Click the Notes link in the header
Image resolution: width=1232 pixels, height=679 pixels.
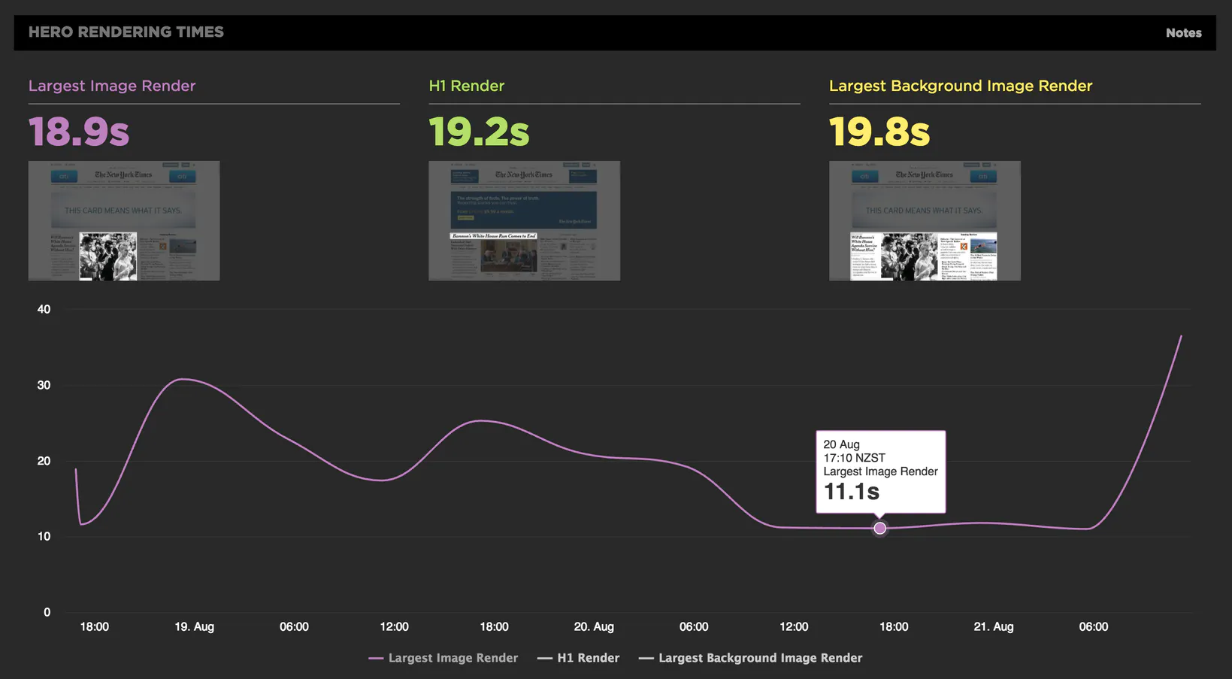pos(1183,33)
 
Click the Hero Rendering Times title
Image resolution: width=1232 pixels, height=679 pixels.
pos(126,32)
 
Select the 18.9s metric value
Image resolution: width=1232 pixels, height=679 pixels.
pos(79,132)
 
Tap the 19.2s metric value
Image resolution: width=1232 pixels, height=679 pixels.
pos(479,132)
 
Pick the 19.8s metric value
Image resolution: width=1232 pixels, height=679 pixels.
pos(879,132)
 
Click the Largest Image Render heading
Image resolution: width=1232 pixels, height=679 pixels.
pos(112,86)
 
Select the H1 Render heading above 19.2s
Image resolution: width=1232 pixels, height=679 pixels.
pos(466,86)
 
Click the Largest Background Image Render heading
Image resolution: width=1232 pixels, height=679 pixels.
pos(960,86)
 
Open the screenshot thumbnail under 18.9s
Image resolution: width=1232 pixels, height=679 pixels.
pos(124,220)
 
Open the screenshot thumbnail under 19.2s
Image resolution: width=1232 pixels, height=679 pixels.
pos(524,220)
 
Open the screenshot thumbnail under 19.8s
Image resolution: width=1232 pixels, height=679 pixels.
pos(925,220)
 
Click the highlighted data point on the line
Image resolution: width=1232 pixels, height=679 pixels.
pos(880,529)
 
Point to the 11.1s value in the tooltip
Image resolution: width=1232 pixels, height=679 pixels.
pos(851,492)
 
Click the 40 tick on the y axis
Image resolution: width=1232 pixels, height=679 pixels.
pos(44,309)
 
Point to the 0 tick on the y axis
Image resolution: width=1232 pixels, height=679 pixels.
pos(47,612)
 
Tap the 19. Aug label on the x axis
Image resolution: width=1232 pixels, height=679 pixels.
pos(194,626)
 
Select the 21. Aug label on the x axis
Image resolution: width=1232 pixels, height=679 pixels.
pos(993,626)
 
